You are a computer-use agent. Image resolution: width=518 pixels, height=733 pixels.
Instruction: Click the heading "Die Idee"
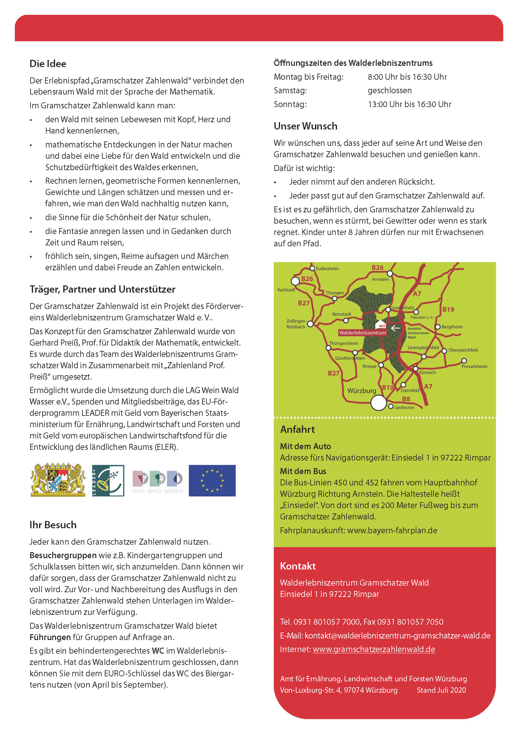coord(48,64)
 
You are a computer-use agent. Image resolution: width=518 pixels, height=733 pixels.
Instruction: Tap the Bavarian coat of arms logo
coord(58,480)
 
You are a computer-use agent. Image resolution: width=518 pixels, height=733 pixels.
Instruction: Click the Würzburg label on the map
coord(361,391)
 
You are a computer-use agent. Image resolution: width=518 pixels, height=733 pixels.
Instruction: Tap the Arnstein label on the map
coord(380,279)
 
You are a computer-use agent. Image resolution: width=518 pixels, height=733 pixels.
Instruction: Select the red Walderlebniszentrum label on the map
coord(362,333)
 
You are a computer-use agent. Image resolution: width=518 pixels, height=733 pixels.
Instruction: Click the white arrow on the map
coord(396,328)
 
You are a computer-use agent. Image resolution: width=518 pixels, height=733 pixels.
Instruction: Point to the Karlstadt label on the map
coord(286,290)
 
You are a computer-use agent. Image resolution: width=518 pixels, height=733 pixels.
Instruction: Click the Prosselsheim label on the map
coord(474,366)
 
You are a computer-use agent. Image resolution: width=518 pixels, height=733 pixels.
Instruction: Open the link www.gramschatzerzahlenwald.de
coord(374,649)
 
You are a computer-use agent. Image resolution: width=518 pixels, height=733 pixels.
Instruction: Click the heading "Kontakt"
coord(298,566)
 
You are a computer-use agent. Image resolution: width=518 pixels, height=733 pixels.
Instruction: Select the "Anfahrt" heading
coord(297,429)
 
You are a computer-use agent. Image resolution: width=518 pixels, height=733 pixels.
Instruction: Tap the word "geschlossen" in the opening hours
coord(390,90)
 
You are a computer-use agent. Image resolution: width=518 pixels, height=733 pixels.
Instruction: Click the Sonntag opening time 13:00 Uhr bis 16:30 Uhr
coord(409,104)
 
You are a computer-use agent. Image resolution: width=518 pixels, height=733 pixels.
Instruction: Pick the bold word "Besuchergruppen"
coord(63,555)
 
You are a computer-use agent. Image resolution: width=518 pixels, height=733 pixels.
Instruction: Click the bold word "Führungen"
coord(50,637)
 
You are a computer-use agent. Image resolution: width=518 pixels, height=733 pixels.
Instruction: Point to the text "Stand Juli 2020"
coord(441,690)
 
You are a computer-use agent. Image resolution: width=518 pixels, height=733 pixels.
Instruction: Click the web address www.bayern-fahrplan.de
coord(392,530)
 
